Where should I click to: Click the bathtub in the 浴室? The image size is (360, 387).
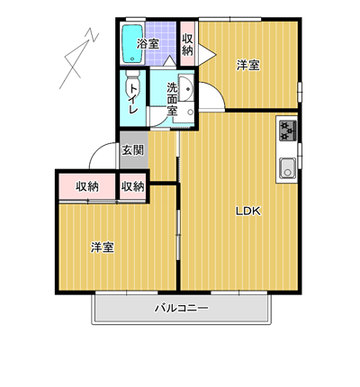click(132, 43)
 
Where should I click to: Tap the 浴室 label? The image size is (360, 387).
click(148, 44)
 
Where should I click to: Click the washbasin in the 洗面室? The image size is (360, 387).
click(186, 88)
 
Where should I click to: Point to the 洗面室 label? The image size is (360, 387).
click(172, 99)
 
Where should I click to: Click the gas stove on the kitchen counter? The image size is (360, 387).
click(288, 130)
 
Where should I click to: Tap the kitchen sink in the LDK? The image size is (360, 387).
click(288, 168)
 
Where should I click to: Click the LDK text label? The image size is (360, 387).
click(248, 211)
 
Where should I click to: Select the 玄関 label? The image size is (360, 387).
click(132, 150)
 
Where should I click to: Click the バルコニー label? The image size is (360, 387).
click(181, 308)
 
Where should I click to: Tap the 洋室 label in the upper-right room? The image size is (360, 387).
click(248, 65)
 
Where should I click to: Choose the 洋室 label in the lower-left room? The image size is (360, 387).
click(103, 247)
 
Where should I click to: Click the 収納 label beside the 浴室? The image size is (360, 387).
click(187, 44)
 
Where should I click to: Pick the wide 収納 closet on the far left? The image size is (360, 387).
click(87, 186)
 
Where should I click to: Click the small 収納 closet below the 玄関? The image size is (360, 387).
click(133, 186)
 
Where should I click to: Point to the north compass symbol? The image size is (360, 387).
click(79, 58)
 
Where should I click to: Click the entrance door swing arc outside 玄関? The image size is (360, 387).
click(99, 148)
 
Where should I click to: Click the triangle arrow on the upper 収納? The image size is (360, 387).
click(207, 55)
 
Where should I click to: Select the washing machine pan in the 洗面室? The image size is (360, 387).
click(184, 114)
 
